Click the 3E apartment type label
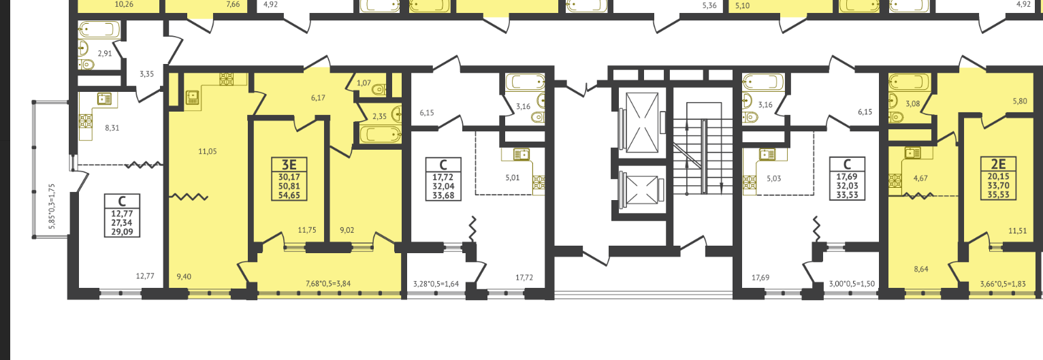289,165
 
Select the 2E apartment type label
998,164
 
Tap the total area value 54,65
289,195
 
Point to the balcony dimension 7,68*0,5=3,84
328,283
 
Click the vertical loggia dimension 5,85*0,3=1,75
52,206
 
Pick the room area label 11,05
207,151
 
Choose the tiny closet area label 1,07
364,83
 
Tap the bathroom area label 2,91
105,54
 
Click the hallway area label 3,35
146,74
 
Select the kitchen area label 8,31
112,128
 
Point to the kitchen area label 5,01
512,178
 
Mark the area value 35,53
998,195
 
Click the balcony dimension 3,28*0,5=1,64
436,284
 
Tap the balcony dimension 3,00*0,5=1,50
852,284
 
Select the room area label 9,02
347,230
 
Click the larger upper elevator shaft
642,122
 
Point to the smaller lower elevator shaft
642,190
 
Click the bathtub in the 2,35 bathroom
381,135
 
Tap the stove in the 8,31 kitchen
86,122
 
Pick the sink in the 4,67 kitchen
912,152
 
